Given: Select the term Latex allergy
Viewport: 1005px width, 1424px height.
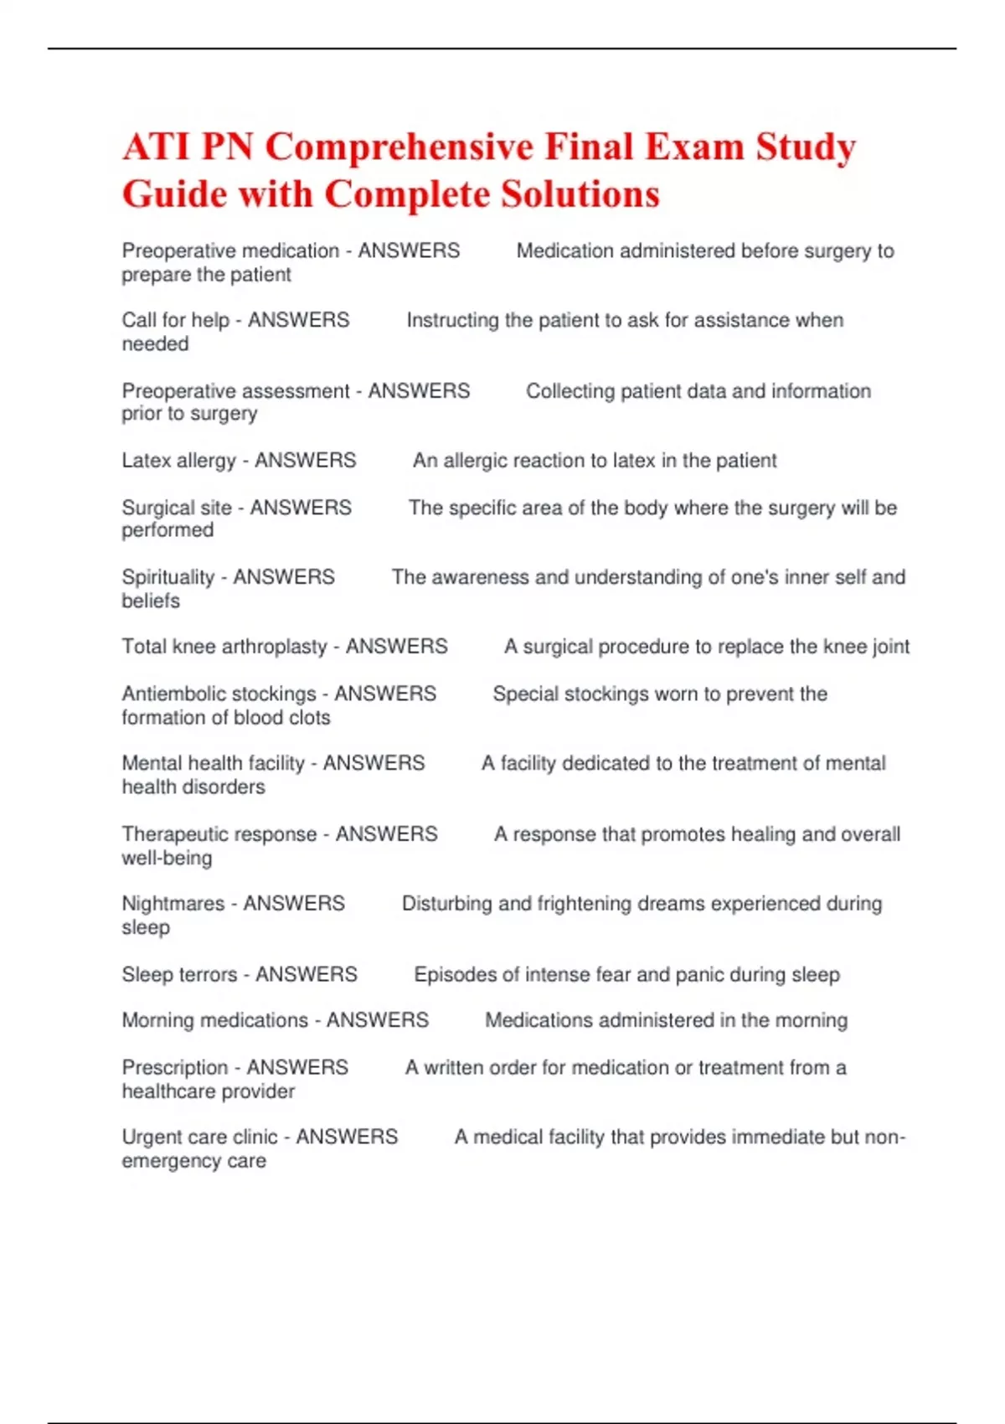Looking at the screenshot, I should pyautogui.click(x=178, y=461).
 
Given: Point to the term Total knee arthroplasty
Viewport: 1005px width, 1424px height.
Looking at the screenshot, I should pyautogui.click(x=224, y=647).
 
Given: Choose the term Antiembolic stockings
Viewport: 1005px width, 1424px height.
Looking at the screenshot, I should pyautogui.click(x=219, y=694).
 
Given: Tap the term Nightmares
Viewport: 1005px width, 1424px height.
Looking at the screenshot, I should pyautogui.click(x=173, y=904).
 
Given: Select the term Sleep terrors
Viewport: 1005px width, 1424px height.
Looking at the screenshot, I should pyautogui.click(x=179, y=974).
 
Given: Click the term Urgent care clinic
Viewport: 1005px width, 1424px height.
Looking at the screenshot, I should pyautogui.click(x=199, y=1137).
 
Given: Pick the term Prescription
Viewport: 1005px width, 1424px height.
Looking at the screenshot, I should pyautogui.click(x=174, y=1067).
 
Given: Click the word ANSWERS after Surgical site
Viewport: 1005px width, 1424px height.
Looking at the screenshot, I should pyautogui.click(x=301, y=508).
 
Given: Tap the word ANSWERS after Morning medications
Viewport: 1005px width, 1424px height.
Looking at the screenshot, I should pyautogui.click(x=377, y=1020).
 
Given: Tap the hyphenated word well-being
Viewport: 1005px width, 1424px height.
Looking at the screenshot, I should pyautogui.click(x=167, y=858).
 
